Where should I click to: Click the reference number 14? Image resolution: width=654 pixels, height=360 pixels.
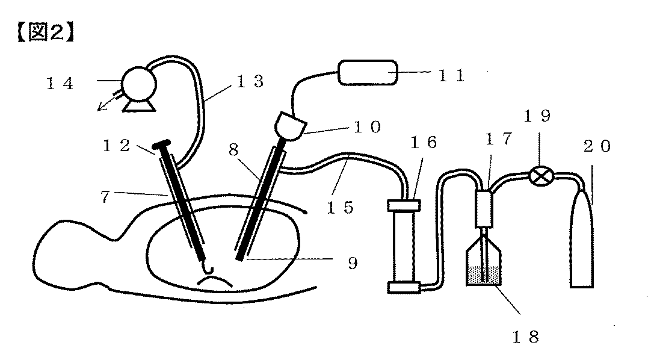(x=60, y=84)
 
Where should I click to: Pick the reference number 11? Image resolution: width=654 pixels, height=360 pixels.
(x=450, y=75)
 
